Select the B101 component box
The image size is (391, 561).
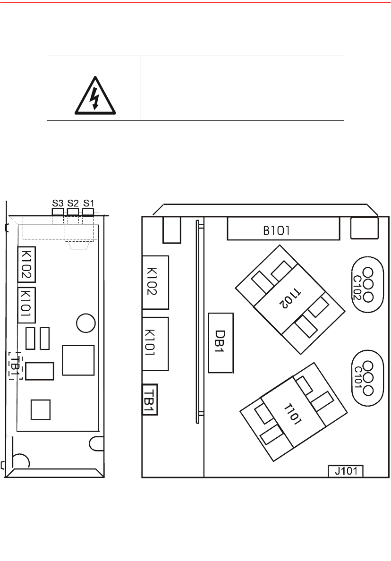(x=283, y=229)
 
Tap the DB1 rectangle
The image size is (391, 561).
(x=221, y=343)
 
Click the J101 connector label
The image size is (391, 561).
(x=346, y=471)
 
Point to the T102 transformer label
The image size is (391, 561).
(x=290, y=299)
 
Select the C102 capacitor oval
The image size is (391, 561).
(x=367, y=285)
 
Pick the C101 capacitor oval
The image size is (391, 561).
(x=367, y=379)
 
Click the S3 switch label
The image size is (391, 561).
(x=58, y=203)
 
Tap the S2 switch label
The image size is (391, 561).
(x=73, y=203)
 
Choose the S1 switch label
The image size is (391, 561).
(x=88, y=203)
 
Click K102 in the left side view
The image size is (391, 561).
(x=26, y=265)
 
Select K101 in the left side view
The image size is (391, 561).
(x=26, y=305)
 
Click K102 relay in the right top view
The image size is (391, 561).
(x=155, y=282)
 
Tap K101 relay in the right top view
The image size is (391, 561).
(x=155, y=344)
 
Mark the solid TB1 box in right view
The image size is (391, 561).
(x=150, y=399)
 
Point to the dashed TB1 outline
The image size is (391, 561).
(x=16, y=365)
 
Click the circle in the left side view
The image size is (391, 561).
(x=86, y=323)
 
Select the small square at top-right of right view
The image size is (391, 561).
(x=364, y=228)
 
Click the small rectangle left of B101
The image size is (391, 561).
(x=172, y=229)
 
